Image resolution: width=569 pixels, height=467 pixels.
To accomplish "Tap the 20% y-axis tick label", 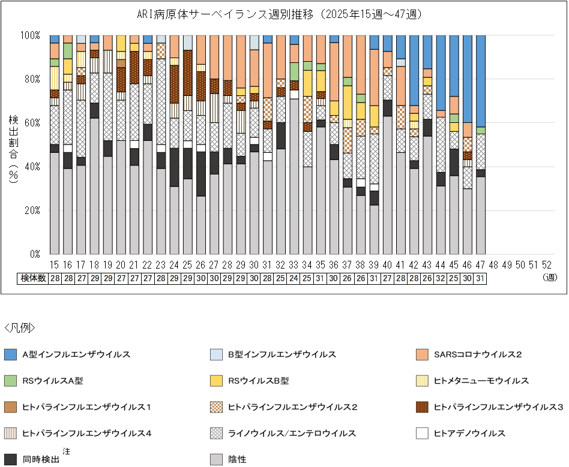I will click(x=31, y=210).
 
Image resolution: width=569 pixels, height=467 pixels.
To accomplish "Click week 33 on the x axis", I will click(x=294, y=264).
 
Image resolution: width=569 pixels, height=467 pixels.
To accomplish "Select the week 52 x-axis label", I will click(x=546, y=264).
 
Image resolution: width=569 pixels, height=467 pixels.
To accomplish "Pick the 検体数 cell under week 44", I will click(x=441, y=278).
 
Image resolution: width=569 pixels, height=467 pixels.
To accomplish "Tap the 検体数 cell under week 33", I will click(x=294, y=278).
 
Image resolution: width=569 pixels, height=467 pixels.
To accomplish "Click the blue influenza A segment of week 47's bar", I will click(x=480, y=81).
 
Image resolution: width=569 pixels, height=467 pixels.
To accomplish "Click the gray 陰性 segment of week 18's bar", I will click(x=94, y=186).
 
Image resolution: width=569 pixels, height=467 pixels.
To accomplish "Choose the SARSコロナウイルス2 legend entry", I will click(x=478, y=354).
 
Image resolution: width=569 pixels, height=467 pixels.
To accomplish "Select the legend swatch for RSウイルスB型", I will click(x=217, y=381).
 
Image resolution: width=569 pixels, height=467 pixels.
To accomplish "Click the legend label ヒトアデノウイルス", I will click(x=469, y=433).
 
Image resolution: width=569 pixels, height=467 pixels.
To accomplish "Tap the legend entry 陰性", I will click(x=237, y=460).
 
